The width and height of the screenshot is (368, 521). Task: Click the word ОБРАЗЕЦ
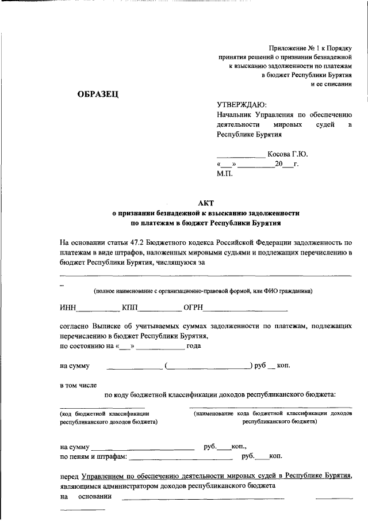pyautogui.click(x=98, y=95)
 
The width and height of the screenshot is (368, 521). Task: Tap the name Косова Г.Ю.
pyautogui.click(x=288, y=154)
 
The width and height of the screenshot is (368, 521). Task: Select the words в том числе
pyautogui.click(x=78, y=384)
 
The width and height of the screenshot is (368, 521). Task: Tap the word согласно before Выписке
pyautogui.click(x=76, y=326)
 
